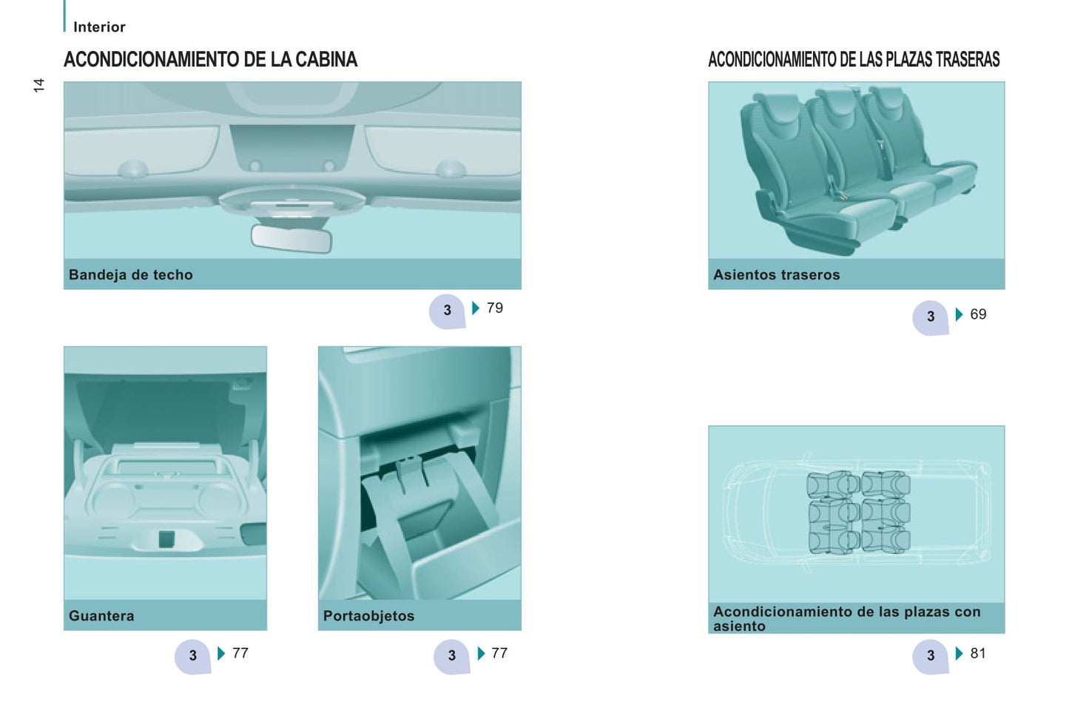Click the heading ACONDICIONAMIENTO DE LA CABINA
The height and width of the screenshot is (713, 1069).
click(x=210, y=60)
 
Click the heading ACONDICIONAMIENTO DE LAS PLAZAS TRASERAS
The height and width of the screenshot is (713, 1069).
click(x=854, y=60)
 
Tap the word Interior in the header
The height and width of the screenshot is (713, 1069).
click(x=99, y=27)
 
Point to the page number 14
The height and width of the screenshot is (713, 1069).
click(x=38, y=85)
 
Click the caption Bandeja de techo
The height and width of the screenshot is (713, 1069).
click(x=131, y=275)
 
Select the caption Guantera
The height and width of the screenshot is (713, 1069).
click(x=101, y=615)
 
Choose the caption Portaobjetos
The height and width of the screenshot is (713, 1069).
click(x=369, y=615)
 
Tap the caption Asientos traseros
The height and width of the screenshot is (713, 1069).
click(x=777, y=275)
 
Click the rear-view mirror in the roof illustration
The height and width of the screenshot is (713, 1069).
click(x=291, y=238)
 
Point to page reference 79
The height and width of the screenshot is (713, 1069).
click(x=495, y=308)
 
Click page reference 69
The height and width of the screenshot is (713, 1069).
click(x=978, y=314)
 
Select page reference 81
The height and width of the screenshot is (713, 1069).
click(x=978, y=653)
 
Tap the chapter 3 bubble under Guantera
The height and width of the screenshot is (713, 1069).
click(x=193, y=657)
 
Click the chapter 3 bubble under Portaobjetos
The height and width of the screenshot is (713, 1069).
click(x=452, y=657)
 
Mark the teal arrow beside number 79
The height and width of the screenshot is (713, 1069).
click(x=476, y=308)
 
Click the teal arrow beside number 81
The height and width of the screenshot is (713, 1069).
click(x=960, y=653)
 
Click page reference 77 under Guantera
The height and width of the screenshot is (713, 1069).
click(x=240, y=653)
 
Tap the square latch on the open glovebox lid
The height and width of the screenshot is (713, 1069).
click(x=166, y=539)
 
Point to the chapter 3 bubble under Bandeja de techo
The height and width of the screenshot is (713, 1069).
click(x=447, y=311)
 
